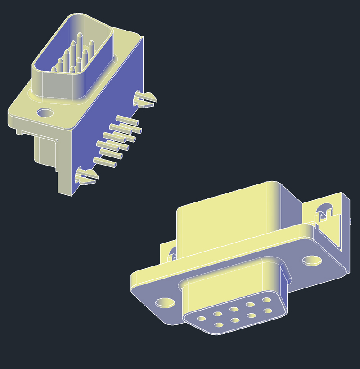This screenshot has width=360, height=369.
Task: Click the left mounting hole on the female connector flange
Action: (166, 302)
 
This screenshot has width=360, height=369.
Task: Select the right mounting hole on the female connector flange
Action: (312, 260)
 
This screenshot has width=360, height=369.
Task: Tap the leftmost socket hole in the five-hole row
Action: (201, 319)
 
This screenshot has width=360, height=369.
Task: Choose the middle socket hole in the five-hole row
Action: (234, 309)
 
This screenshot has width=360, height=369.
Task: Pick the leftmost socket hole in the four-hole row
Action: (219, 325)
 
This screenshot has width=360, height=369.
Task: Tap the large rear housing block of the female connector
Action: (225, 216)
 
